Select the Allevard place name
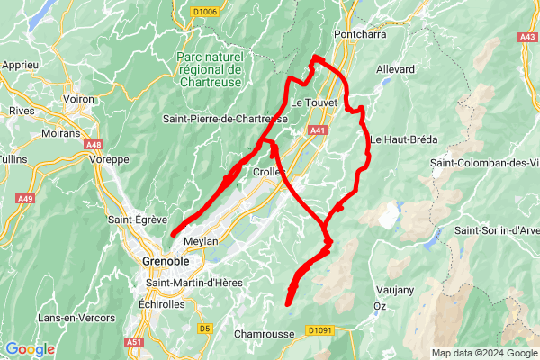click(395, 69)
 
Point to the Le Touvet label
click(314, 103)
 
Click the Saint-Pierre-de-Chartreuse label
click(225, 119)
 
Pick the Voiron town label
click(86, 99)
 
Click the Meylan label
click(201, 243)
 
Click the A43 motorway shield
click(527, 37)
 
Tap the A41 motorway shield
click(318, 131)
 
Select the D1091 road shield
click(319, 330)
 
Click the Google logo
click(30, 349)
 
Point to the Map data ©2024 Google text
click(483, 353)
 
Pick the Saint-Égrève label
click(134, 219)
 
